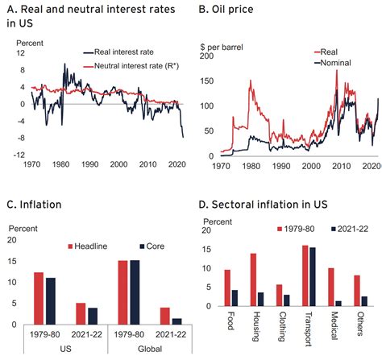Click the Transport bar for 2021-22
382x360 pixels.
pos(313,277)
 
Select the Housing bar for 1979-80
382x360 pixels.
pos(253,279)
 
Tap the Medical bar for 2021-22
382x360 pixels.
pos(338,304)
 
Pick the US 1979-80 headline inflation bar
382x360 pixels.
pos(39,299)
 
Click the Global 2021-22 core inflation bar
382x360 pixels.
pos(176,321)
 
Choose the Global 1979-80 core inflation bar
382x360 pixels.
pos(135,292)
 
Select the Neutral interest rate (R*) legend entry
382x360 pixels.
pos(131,66)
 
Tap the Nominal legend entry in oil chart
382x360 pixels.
pos(333,63)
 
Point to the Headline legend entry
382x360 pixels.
pos(88,246)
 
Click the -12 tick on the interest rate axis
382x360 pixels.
pos(19,155)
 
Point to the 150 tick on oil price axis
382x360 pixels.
pos(207,81)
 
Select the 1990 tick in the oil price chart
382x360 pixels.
pos(281,166)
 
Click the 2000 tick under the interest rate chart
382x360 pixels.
pos(119,164)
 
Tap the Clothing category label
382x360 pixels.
pos(281,326)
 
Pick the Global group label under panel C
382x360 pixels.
pos(150,349)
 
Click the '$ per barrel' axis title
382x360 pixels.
pos(222,48)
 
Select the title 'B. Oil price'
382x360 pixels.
pos(226,10)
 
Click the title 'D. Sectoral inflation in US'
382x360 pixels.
pos(263,205)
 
